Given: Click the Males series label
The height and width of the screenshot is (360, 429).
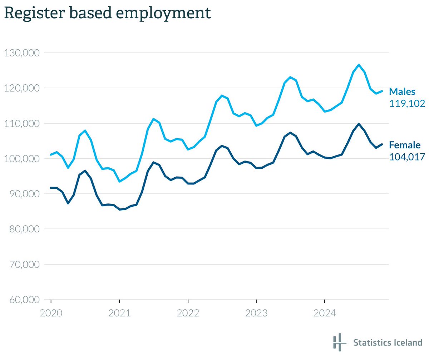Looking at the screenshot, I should pyautogui.click(x=402, y=92).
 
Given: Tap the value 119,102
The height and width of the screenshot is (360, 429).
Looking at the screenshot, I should pyautogui.click(x=407, y=104).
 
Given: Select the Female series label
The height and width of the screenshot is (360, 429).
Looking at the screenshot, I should pyautogui.click(x=405, y=145).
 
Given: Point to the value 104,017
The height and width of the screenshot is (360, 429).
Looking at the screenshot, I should pyautogui.click(x=407, y=157).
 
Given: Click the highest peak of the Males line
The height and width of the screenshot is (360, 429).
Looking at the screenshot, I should pyautogui.click(x=359, y=65).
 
